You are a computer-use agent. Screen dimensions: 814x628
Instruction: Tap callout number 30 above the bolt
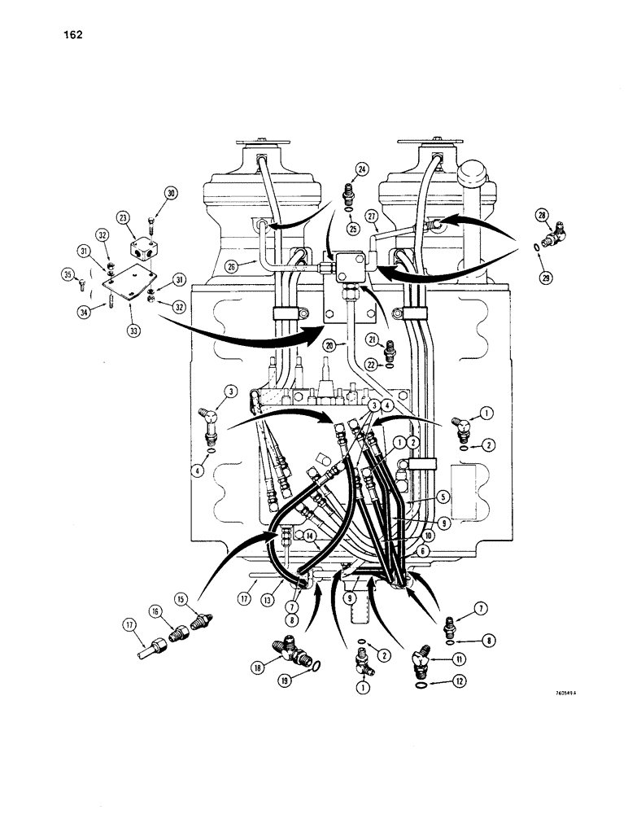click(x=171, y=193)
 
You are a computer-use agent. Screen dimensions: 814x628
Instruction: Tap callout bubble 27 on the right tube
click(x=372, y=216)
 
